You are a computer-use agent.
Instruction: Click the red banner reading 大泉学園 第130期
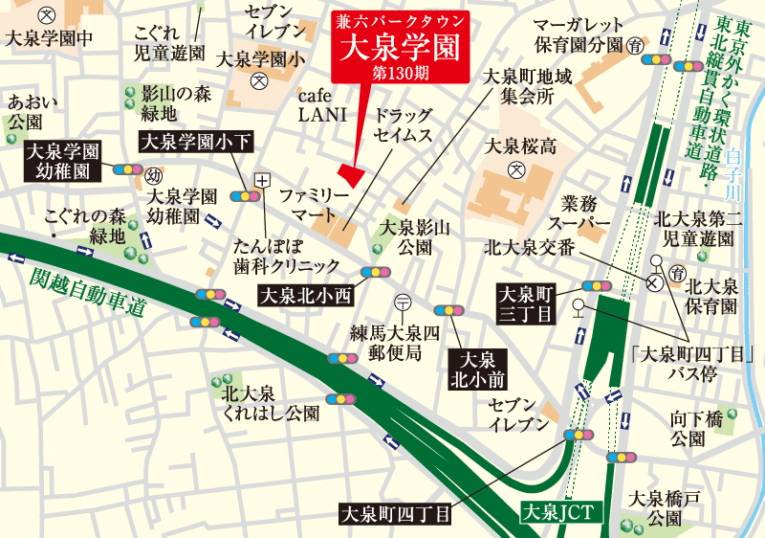click(x=399, y=44)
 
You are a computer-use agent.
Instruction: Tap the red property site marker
click(x=353, y=176)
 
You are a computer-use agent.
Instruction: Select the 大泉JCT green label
click(x=561, y=512)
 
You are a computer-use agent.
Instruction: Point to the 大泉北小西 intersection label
click(x=307, y=294)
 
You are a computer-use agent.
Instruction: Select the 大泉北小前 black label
click(x=477, y=370)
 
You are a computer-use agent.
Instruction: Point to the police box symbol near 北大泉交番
click(x=655, y=283)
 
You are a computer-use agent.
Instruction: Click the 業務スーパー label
click(x=586, y=213)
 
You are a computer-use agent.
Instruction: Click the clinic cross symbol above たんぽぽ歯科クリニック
click(x=263, y=178)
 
